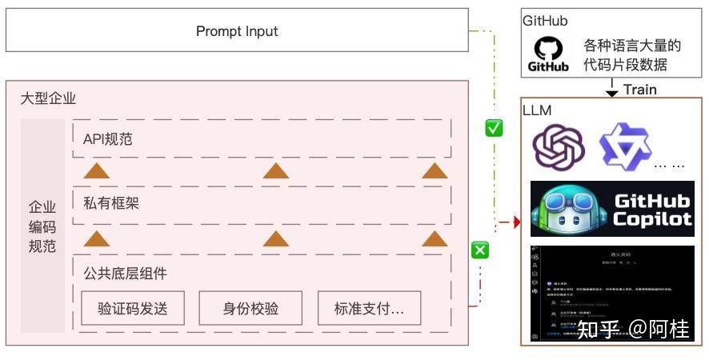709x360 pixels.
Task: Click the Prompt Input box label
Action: tap(237, 31)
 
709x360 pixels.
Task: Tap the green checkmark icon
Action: tap(494, 128)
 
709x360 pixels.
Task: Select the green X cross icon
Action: tap(479, 250)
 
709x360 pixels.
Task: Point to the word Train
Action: tap(639, 90)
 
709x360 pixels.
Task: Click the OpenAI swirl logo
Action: tap(559, 146)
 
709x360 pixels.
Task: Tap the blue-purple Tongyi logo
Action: tap(625, 146)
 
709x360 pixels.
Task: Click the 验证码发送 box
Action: tap(132, 308)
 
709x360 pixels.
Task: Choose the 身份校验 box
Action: tap(250, 308)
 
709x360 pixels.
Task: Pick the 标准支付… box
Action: tap(369, 308)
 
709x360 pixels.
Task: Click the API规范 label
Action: tap(108, 139)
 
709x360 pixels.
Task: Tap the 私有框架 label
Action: tap(111, 203)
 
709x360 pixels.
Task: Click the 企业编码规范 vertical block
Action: tap(42, 226)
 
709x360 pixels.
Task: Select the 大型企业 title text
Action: tap(48, 99)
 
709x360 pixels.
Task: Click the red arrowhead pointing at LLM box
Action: tap(516, 221)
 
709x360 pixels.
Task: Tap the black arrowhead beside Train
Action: tap(612, 93)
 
